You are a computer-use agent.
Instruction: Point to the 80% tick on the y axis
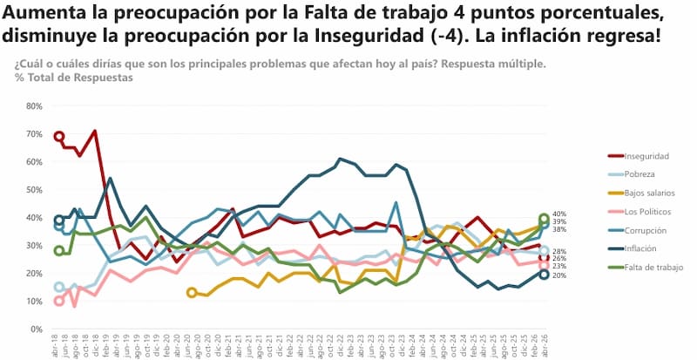[x=35, y=106]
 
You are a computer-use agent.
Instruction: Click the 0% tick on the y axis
[x=37, y=329]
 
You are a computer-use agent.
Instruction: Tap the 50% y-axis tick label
[x=35, y=190]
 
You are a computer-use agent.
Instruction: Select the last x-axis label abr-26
[x=544, y=345]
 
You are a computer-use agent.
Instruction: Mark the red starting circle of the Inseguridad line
[x=59, y=136]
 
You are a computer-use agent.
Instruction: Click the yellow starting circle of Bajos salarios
[x=192, y=293]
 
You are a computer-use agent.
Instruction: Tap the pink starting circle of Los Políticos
[x=59, y=301]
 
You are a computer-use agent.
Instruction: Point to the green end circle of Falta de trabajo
[x=544, y=218]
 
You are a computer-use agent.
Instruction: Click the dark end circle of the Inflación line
[x=544, y=275]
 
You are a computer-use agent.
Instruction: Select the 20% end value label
[x=559, y=275]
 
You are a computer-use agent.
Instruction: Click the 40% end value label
[x=559, y=214]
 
